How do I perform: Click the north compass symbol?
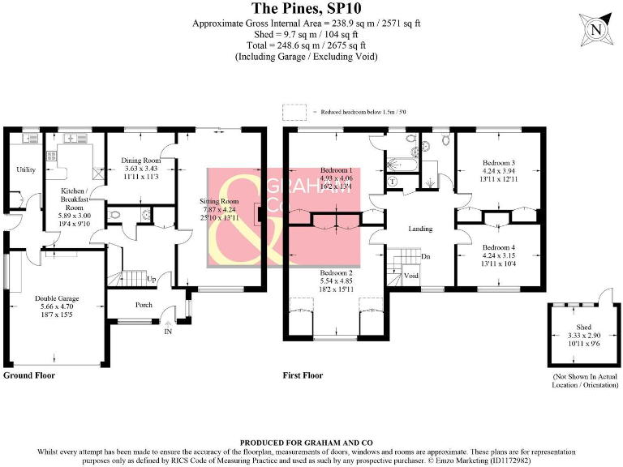596,30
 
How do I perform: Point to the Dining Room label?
140,161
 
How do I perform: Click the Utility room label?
26,169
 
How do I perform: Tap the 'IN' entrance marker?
168,332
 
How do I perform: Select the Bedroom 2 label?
337,273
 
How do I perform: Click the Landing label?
420,229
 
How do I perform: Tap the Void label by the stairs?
412,276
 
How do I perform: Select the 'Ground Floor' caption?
29,375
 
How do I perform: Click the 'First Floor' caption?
303,375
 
